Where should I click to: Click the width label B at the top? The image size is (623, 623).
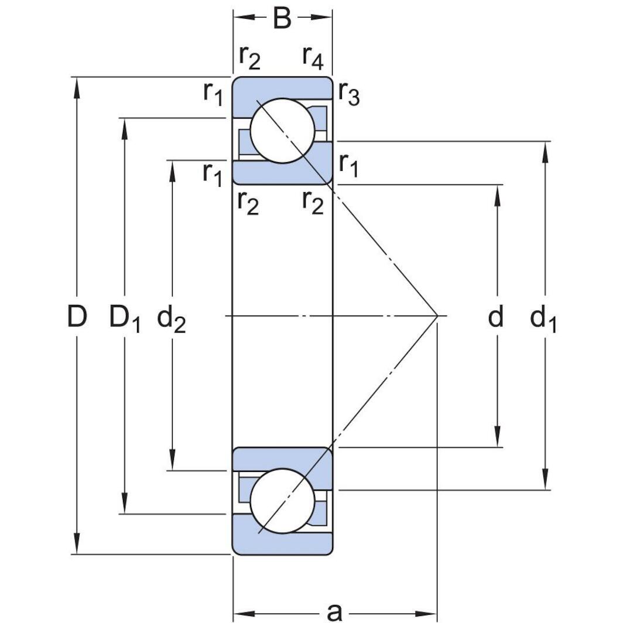point(282,18)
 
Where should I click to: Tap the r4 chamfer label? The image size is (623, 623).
point(313,57)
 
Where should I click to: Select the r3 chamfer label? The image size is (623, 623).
point(349,94)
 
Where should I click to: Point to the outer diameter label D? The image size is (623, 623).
point(77,317)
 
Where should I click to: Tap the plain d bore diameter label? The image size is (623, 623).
point(495,317)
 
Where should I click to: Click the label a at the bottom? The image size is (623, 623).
point(334,612)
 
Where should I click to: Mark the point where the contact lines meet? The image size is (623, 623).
point(437,316)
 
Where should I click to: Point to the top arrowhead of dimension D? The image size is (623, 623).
point(77,85)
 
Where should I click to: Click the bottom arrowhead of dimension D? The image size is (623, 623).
point(77,545)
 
